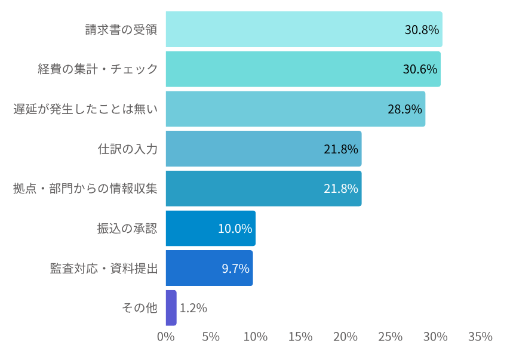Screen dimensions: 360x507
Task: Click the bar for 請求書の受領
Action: click(x=303, y=29)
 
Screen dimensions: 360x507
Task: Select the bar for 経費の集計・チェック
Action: click(x=303, y=69)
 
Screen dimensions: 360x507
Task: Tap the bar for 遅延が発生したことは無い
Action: click(x=295, y=109)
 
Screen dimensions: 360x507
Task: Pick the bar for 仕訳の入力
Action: click(x=263, y=149)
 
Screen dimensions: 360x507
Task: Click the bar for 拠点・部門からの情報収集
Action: click(x=263, y=189)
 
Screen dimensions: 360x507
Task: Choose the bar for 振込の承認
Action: click(x=210, y=228)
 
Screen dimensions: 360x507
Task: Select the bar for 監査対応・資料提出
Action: click(x=209, y=268)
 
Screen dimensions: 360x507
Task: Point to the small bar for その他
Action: click(x=171, y=308)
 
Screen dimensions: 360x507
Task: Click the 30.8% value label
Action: click(x=422, y=30)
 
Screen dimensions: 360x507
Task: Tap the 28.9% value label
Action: click(x=405, y=109)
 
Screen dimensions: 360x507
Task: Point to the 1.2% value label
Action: click(x=193, y=308)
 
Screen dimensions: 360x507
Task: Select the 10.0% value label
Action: click(x=235, y=229)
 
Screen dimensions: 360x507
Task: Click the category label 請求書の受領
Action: click(x=121, y=29)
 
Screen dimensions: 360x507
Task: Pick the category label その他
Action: click(x=139, y=308)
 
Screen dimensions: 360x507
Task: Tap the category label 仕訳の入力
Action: click(x=127, y=149)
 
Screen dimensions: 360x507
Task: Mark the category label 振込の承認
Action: click(x=127, y=228)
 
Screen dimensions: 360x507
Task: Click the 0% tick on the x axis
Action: click(x=166, y=337)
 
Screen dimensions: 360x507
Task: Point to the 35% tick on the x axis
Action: click(x=480, y=337)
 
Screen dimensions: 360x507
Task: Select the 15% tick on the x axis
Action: click(x=300, y=337)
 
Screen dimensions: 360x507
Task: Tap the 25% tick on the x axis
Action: click(x=391, y=337)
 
